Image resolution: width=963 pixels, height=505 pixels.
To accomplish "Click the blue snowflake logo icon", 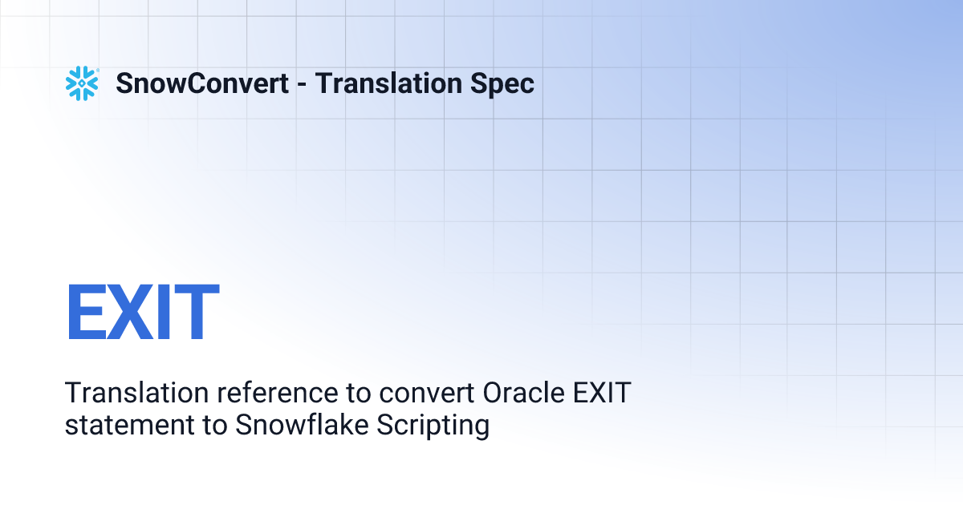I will tap(82, 83).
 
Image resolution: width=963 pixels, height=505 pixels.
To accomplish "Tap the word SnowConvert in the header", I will tap(202, 83).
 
